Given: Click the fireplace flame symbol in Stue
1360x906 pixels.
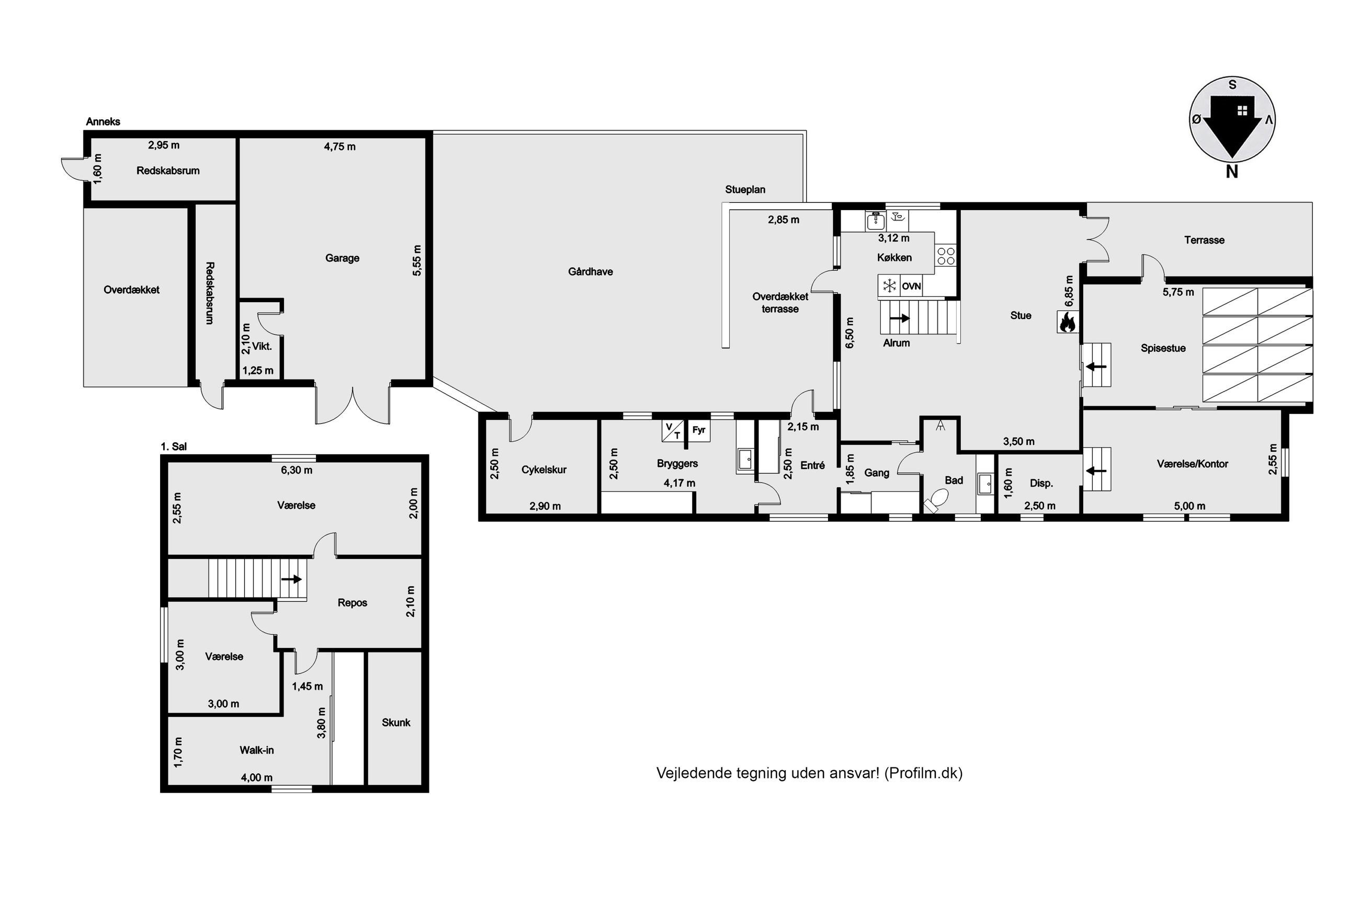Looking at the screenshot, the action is (x=1067, y=322).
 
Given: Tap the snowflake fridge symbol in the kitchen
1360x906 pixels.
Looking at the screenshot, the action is (x=889, y=285).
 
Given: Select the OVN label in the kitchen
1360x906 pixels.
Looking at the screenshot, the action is (x=911, y=286).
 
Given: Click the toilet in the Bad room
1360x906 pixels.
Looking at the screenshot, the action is (x=935, y=500).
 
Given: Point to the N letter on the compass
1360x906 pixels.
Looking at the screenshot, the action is (x=1232, y=171).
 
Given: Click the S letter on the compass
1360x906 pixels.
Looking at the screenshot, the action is (x=1232, y=85).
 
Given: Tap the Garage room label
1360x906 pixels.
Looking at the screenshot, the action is (x=342, y=258).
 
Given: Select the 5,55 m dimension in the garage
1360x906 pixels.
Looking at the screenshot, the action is (x=417, y=260).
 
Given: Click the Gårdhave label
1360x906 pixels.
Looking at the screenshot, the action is (x=590, y=271).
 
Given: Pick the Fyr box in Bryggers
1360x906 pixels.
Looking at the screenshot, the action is (x=698, y=430).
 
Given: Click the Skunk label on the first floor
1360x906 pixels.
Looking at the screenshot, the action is (x=396, y=722).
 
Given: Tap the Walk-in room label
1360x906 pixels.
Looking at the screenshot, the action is (x=257, y=750).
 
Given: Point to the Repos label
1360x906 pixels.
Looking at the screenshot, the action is (x=352, y=603).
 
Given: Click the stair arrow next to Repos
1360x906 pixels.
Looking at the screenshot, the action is (x=292, y=579).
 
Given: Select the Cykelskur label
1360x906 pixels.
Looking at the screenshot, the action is (x=544, y=470).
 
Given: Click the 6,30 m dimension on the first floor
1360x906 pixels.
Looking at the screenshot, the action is (x=297, y=471).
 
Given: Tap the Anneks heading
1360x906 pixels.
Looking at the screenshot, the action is (x=103, y=121).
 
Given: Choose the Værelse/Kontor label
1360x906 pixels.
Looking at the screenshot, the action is (x=1193, y=463).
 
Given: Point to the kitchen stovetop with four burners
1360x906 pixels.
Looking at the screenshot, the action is (x=946, y=256).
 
